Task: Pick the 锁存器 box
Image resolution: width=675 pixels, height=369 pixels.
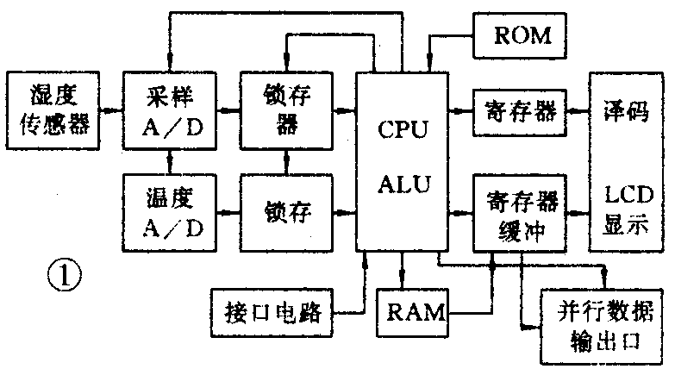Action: coord(284,111)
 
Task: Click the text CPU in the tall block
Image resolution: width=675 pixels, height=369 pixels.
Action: coord(403,134)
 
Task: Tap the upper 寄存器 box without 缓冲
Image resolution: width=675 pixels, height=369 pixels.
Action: coord(516,111)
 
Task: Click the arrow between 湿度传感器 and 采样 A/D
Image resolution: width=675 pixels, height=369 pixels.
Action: coord(109,111)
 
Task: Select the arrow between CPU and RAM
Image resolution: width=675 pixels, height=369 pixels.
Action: coord(402,274)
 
